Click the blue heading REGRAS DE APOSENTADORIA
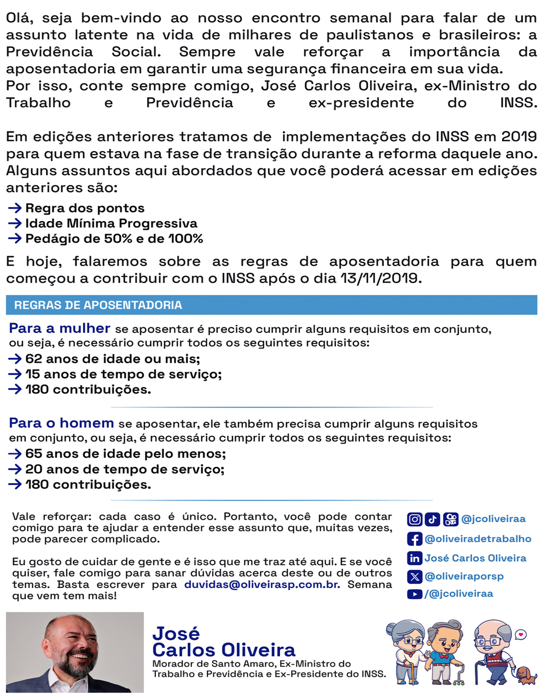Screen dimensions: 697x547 tap(98, 305)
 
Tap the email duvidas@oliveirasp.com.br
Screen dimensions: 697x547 tap(262, 584)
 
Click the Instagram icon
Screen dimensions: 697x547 tap(415, 519)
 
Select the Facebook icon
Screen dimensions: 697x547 tap(415, 539)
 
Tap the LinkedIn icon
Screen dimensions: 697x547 tap(415, 558)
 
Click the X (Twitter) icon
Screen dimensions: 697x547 tap(415, 576)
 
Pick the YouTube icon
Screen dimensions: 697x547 tap(415, 594)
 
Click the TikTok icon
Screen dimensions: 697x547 tap(433, 519)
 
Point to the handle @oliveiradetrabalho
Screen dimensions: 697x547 tap(478, 539)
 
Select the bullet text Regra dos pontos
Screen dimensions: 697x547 tap(85, 208)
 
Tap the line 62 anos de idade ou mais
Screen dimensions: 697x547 tap(113, 359)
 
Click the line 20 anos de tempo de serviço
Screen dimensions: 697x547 tap(125, 469)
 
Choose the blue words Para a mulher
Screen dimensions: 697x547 tap(60, 329)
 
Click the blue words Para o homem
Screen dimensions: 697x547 tap(61, 423)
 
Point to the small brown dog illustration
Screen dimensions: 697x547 tap(526, 675)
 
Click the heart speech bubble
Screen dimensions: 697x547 tap(521, 635)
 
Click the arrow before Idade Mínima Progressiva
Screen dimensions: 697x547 tap(15, 223)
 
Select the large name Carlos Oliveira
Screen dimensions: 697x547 tap(224, 650)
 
